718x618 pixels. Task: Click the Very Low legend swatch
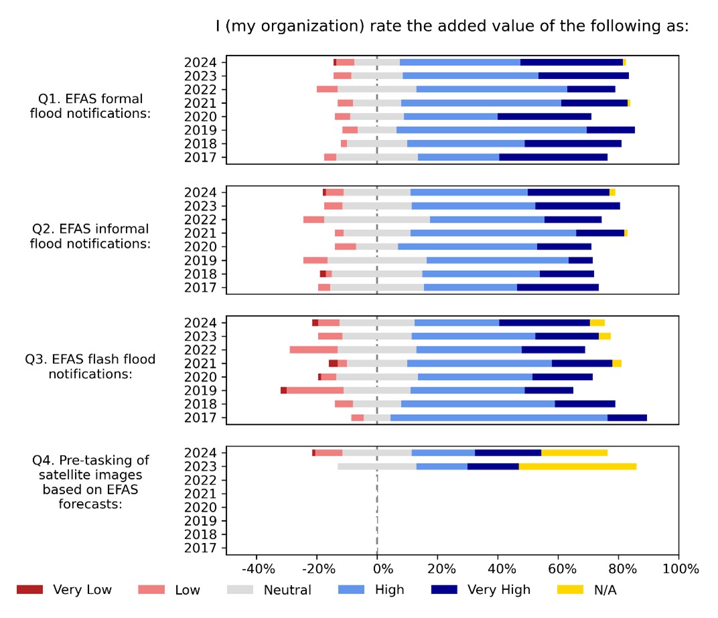tap(29, 590)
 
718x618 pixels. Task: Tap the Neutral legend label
tap(287, 590)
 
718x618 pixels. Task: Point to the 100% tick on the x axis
tap(678, 569)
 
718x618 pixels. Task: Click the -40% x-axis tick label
tap(258, 569)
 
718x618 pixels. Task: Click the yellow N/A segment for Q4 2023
tap(577, 466)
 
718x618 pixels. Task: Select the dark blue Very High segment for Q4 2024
tap(508, 452)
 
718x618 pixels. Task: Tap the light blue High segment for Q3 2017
tap(498, 418)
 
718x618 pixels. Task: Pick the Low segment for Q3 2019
tap(315, 390)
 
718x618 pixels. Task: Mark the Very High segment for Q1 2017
tap(553, 157)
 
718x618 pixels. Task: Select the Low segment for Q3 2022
tap(313, 349)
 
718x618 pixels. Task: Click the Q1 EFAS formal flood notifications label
tap(90, 107)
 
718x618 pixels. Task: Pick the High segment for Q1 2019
tap(491, 129)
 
